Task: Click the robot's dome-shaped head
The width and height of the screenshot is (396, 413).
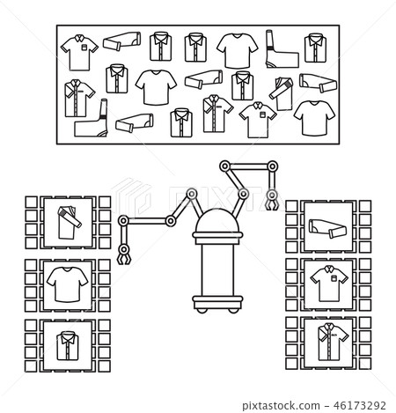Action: pos(217,220)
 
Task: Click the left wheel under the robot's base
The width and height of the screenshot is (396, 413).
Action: pos(202,310)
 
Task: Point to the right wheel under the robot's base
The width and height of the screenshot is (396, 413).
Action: pos(233,310)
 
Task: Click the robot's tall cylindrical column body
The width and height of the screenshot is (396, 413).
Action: pos(217,270)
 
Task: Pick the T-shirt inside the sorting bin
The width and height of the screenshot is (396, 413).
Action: pos(67,284)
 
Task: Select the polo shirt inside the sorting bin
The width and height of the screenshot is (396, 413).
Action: pos(329,284)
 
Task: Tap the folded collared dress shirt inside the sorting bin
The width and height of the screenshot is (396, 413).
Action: pos(68,346)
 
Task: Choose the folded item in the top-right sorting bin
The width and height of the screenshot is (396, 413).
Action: pos(327,229)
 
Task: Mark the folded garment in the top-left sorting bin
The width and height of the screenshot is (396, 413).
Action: pos(69,222)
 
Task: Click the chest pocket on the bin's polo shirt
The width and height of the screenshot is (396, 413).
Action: pos(334,277)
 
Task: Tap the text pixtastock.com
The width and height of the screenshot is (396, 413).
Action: pos(281,406)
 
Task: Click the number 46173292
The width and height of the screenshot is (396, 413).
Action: pos(360,405)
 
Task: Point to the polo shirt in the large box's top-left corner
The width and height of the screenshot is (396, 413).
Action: pos(79,53)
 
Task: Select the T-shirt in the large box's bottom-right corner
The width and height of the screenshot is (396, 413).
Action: pos(314,118)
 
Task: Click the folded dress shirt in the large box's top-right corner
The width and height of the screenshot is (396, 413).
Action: pos(315,48)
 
